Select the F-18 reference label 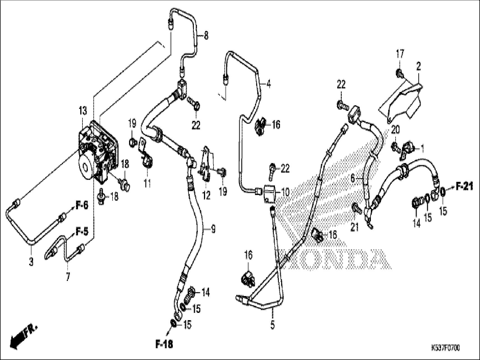click(164, 344)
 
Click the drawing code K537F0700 click(445, 348)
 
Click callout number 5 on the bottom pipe click(272, 325)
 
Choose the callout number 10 click(285, 192)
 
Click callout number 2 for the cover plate click(419, 67)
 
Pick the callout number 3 click(31, 262)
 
